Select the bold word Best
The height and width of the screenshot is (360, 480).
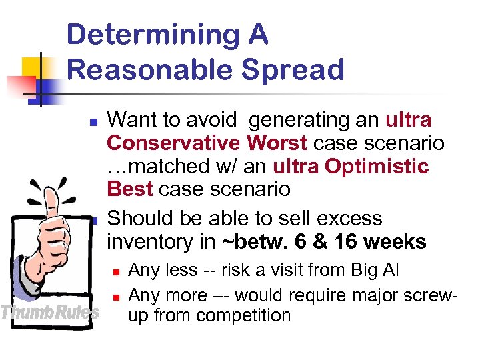point(130,189)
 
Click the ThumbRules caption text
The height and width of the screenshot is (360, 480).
point(50,311)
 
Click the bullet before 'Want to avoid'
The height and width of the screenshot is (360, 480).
point(94,122)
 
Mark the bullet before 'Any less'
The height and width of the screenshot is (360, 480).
point(115,271)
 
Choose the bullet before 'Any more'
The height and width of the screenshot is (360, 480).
point(115,295)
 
